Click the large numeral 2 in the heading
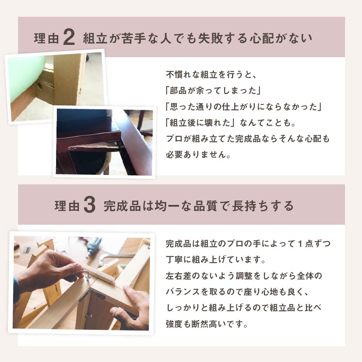[x=69, y=37]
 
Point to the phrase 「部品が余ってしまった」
[x=213, y=90]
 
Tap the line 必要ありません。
[x=198, y=155]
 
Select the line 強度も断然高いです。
[x=207, y=324]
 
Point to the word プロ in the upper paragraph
[x=174, y=139]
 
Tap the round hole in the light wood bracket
[x=40, y=87]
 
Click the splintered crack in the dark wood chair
[x=92, y=147]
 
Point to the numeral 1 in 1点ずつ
[x=300, y=244]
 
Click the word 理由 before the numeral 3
[x=67, y=206]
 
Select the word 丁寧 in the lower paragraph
[x=174, y=260]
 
